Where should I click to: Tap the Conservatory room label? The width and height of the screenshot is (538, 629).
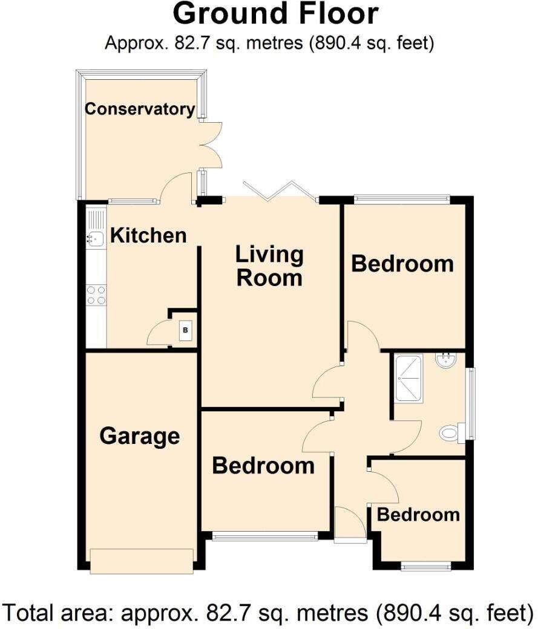140,109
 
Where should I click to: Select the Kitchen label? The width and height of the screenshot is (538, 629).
148,235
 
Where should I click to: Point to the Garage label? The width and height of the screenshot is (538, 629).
140,435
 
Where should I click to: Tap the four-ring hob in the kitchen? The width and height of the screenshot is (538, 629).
96,295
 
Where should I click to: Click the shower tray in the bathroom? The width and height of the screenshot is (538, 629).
410,379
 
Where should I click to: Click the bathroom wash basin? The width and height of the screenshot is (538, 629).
446,361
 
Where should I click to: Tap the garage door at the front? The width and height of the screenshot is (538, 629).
142,560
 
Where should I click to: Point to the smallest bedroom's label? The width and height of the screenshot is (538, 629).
418,515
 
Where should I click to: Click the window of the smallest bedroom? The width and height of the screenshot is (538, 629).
426,567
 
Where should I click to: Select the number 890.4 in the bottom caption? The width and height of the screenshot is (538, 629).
411,613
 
